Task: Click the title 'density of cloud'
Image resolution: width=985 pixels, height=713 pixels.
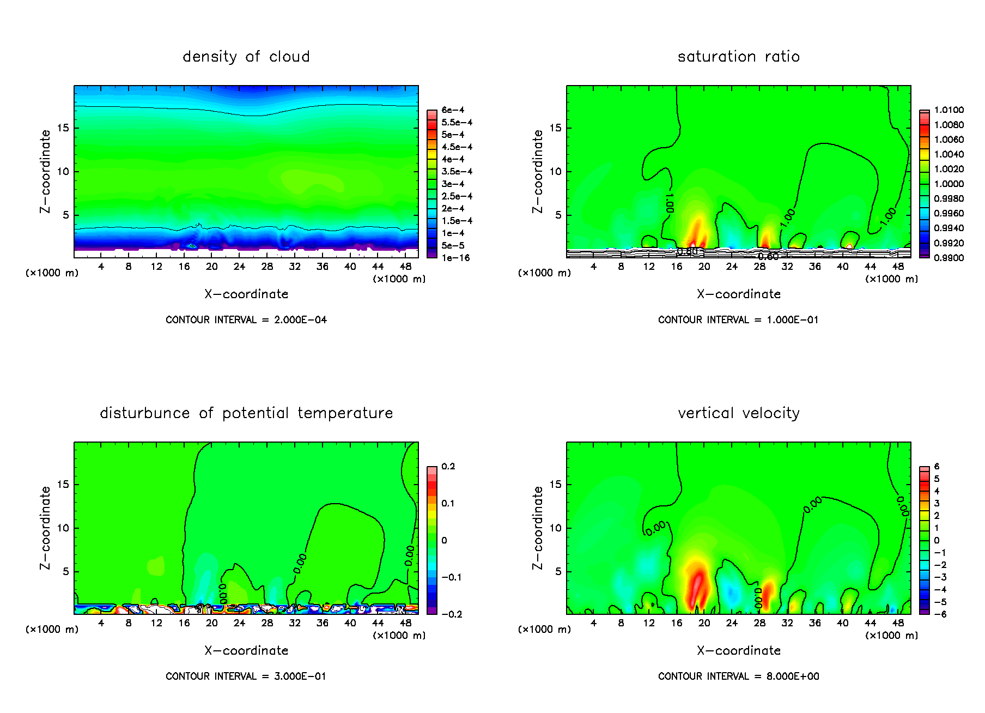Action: (x=246, y=57)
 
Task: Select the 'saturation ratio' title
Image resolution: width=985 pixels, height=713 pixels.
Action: (x=738, y=57)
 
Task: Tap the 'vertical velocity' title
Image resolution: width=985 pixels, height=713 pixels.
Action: (x=738, y=413)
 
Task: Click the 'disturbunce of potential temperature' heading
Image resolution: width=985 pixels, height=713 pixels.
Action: (x=246, y=413)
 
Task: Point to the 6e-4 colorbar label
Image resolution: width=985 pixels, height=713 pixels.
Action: (x=453, y=110)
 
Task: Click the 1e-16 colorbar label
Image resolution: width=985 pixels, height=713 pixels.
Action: (x=455, y=258)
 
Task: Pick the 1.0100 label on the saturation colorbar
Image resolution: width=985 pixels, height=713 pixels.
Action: (x=948, y=110)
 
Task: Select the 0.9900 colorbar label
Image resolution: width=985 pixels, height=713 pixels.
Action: (x=948, y=258)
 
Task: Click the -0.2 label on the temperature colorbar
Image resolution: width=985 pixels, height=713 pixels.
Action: (x=451, y=614)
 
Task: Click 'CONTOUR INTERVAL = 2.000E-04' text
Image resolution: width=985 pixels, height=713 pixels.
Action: (x=246, y=320)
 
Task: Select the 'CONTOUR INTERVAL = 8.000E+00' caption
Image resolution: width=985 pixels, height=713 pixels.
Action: (x=738, y=676)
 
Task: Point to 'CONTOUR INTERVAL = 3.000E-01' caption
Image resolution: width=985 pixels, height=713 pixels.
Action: (x=246, y=676)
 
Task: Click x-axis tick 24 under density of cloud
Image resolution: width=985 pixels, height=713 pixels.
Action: (x=239, y=267)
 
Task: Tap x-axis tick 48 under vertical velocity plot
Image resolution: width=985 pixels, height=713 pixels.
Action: (x=898, y=623)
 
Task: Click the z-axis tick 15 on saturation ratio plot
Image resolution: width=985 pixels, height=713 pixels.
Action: (x=555, y=128)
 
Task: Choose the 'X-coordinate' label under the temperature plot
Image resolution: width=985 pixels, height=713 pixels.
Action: (x=246, y=651)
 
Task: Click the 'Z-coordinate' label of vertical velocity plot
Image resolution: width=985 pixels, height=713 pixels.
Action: (x=538, y=528)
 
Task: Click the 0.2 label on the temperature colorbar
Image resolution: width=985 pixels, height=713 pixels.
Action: (x=448, y=467)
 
